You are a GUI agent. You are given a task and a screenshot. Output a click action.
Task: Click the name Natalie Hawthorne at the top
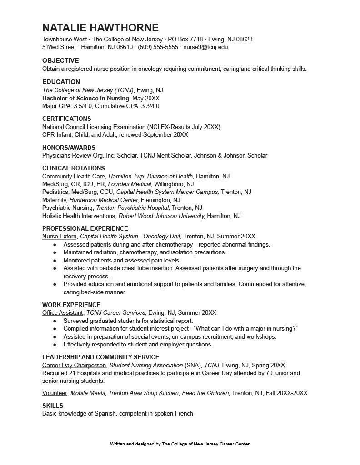pyautogui.click(x=100, y=28)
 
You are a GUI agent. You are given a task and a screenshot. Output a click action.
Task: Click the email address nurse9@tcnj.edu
pyautogui.click(x=205, y=47)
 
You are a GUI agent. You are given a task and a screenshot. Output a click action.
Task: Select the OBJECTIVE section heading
pyautogui.click(x=60, y=60)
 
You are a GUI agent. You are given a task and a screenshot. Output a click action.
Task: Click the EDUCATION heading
pyautogui.click(x=61, y=82)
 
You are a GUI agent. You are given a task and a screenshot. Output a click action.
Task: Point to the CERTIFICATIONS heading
pyautogui.click(x=66, y=119)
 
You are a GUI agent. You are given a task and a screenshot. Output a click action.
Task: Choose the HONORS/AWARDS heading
pyautogui.click(x=69, y=148)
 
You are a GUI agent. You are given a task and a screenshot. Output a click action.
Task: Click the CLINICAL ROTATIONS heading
pyautogui.click(x=74, y=168)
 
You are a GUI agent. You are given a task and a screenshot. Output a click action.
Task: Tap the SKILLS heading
pyautogui.click(x=53, y=406)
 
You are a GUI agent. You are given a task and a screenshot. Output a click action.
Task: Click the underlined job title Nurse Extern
pyautogui.click(x=60, y=236)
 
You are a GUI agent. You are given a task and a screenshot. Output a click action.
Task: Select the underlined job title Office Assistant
pyautogui.click(x=63, y=312)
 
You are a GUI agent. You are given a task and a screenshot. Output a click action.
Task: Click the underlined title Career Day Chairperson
pyautogui.click(x=74, y=365)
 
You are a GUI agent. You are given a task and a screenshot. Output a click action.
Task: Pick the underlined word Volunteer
pyautogui.click(x=55, y=393)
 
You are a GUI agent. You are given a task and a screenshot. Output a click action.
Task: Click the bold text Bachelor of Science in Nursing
pyautogui.click(x=86, y=98)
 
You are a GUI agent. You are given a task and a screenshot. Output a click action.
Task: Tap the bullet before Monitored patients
pyautogui.click(x=55, y=261)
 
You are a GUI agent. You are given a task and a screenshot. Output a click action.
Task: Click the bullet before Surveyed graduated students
pyautogui.click(x=55, y=321)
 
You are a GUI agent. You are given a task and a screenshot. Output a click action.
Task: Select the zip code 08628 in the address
pyautogui.click(x=244, y=39)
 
